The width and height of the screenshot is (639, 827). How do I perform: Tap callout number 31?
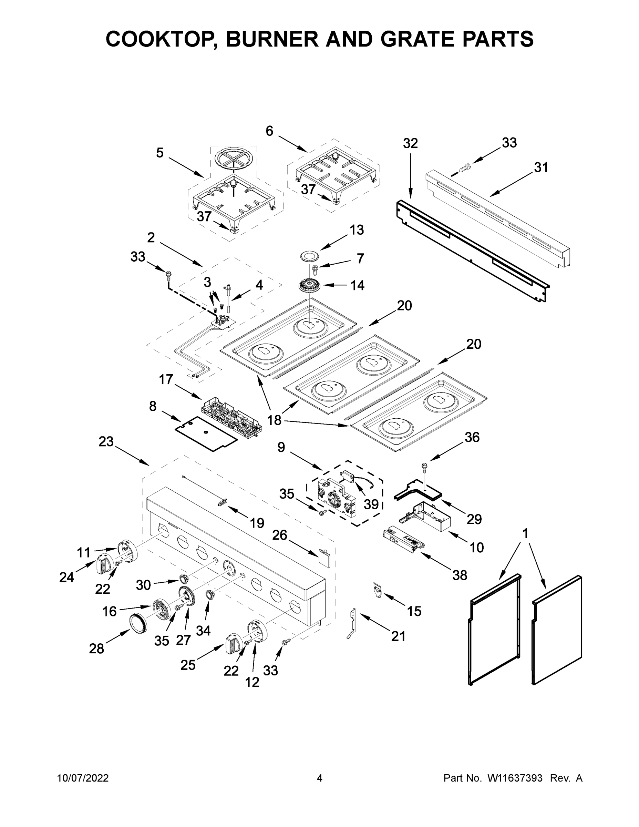tap(540, 167)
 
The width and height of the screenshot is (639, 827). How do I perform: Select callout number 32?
tap(410, 143)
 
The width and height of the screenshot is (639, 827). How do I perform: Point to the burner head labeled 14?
tap(309, 285)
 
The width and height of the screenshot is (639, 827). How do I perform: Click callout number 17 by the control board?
tap(166, 379)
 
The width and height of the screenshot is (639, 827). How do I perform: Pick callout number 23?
tap(106, 441)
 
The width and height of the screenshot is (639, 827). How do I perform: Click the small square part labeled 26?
tap(324, 558)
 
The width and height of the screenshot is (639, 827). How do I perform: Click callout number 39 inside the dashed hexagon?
tap(371, 504)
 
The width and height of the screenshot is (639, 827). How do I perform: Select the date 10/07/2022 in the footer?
tap(83, 778)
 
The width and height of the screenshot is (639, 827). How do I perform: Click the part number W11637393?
tap(515, 778)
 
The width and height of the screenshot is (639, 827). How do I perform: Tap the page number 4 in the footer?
tap(319, 778)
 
